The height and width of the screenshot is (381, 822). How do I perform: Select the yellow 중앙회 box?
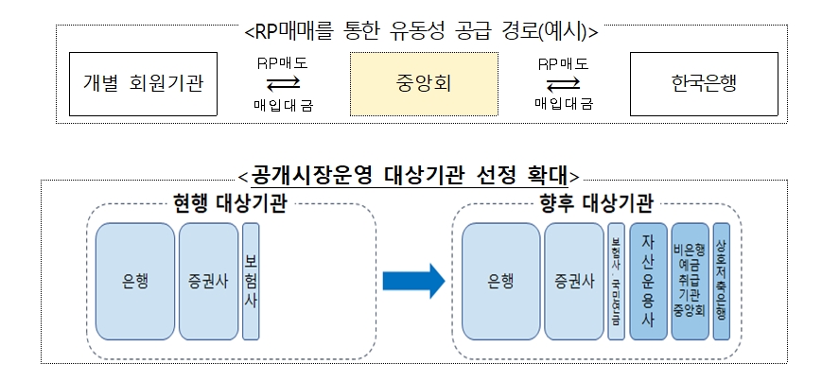[x=424, y=83]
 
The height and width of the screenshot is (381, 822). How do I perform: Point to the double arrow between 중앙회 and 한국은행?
[x=563, y=83]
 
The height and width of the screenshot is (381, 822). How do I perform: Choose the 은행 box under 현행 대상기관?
[x=135, y=281]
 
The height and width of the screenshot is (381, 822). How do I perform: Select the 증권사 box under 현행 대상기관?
[x=208, y=281]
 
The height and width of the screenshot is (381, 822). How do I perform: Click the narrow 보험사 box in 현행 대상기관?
[x=251, y=281]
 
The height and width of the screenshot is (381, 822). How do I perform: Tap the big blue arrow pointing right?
[x=413, y=281]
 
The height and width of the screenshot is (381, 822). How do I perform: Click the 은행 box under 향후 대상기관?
[x=501, y=281]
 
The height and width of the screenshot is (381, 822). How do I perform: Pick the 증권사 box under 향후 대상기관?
[x=574, y=281]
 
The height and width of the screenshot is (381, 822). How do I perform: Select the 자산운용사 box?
[x=648, y=281]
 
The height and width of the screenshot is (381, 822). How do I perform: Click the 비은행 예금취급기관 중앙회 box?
[x=689, y=281]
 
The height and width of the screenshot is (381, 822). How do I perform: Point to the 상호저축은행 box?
[x=721, y=281]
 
